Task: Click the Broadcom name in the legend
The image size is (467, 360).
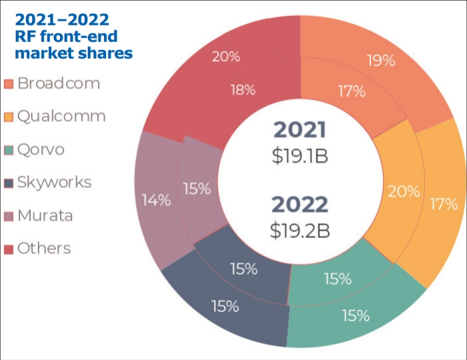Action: [x=59, y=83]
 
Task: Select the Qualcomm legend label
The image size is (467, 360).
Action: [x=62, y=116]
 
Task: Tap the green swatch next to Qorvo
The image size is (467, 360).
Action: [x=9, y=150]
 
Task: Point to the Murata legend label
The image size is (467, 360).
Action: [x=45, y=215]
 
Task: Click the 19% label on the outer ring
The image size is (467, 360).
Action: [x=381, y=61]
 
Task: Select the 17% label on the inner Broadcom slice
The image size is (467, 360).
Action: [x=350, y=91]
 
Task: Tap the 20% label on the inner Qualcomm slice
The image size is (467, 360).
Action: [x=404, y=192]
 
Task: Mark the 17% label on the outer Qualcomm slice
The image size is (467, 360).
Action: [x=444, y=204]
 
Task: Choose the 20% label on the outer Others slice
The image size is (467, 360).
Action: [x=226, y=57]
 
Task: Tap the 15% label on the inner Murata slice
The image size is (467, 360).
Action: [x=197, y=189]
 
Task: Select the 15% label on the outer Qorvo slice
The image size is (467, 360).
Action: [x=356, y=315]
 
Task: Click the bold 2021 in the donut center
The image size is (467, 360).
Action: [x=300, y=129]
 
